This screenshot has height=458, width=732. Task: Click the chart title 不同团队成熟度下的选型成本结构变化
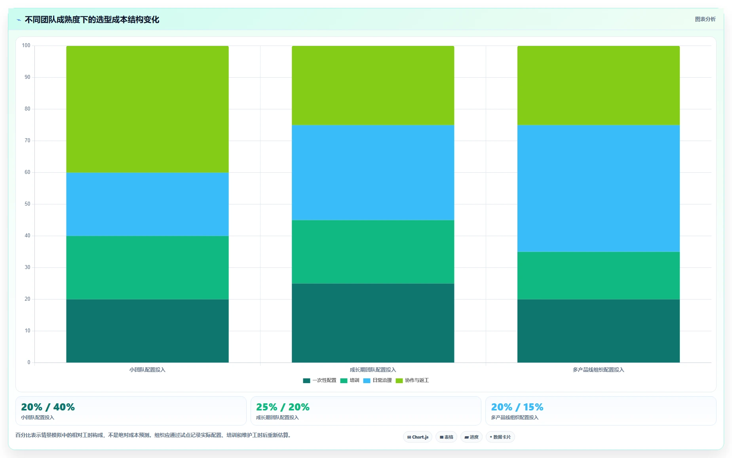(92, 19)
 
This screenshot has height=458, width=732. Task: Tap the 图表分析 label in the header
(705, 19)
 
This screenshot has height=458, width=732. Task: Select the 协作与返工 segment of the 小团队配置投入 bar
(147, 109)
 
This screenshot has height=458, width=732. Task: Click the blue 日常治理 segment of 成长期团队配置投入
(373, 172)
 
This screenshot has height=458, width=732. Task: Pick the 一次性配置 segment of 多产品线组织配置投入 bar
(599, 331)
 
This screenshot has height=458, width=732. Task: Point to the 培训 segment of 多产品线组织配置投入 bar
(599, 275)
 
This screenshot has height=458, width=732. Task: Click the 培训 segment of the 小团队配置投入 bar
(147, 267)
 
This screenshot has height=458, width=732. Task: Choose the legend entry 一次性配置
(319, 380)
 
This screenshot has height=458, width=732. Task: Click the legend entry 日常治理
(377, 380)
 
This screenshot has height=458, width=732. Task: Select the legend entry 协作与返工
(412, 380)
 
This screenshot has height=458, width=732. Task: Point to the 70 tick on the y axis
(27, 141)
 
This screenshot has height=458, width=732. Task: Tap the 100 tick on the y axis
(26, 46)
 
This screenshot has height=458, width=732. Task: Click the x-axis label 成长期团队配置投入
(373, 370)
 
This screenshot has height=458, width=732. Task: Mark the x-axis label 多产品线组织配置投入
(599, 370)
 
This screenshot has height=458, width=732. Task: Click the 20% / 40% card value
(48, 407)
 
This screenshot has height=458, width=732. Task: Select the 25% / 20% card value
(283, 407)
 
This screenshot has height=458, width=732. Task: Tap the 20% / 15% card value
(517, 407)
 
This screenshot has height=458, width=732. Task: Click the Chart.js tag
(418, 437)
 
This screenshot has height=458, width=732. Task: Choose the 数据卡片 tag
(500, 437)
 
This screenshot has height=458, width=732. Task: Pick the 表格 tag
(446, 437)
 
